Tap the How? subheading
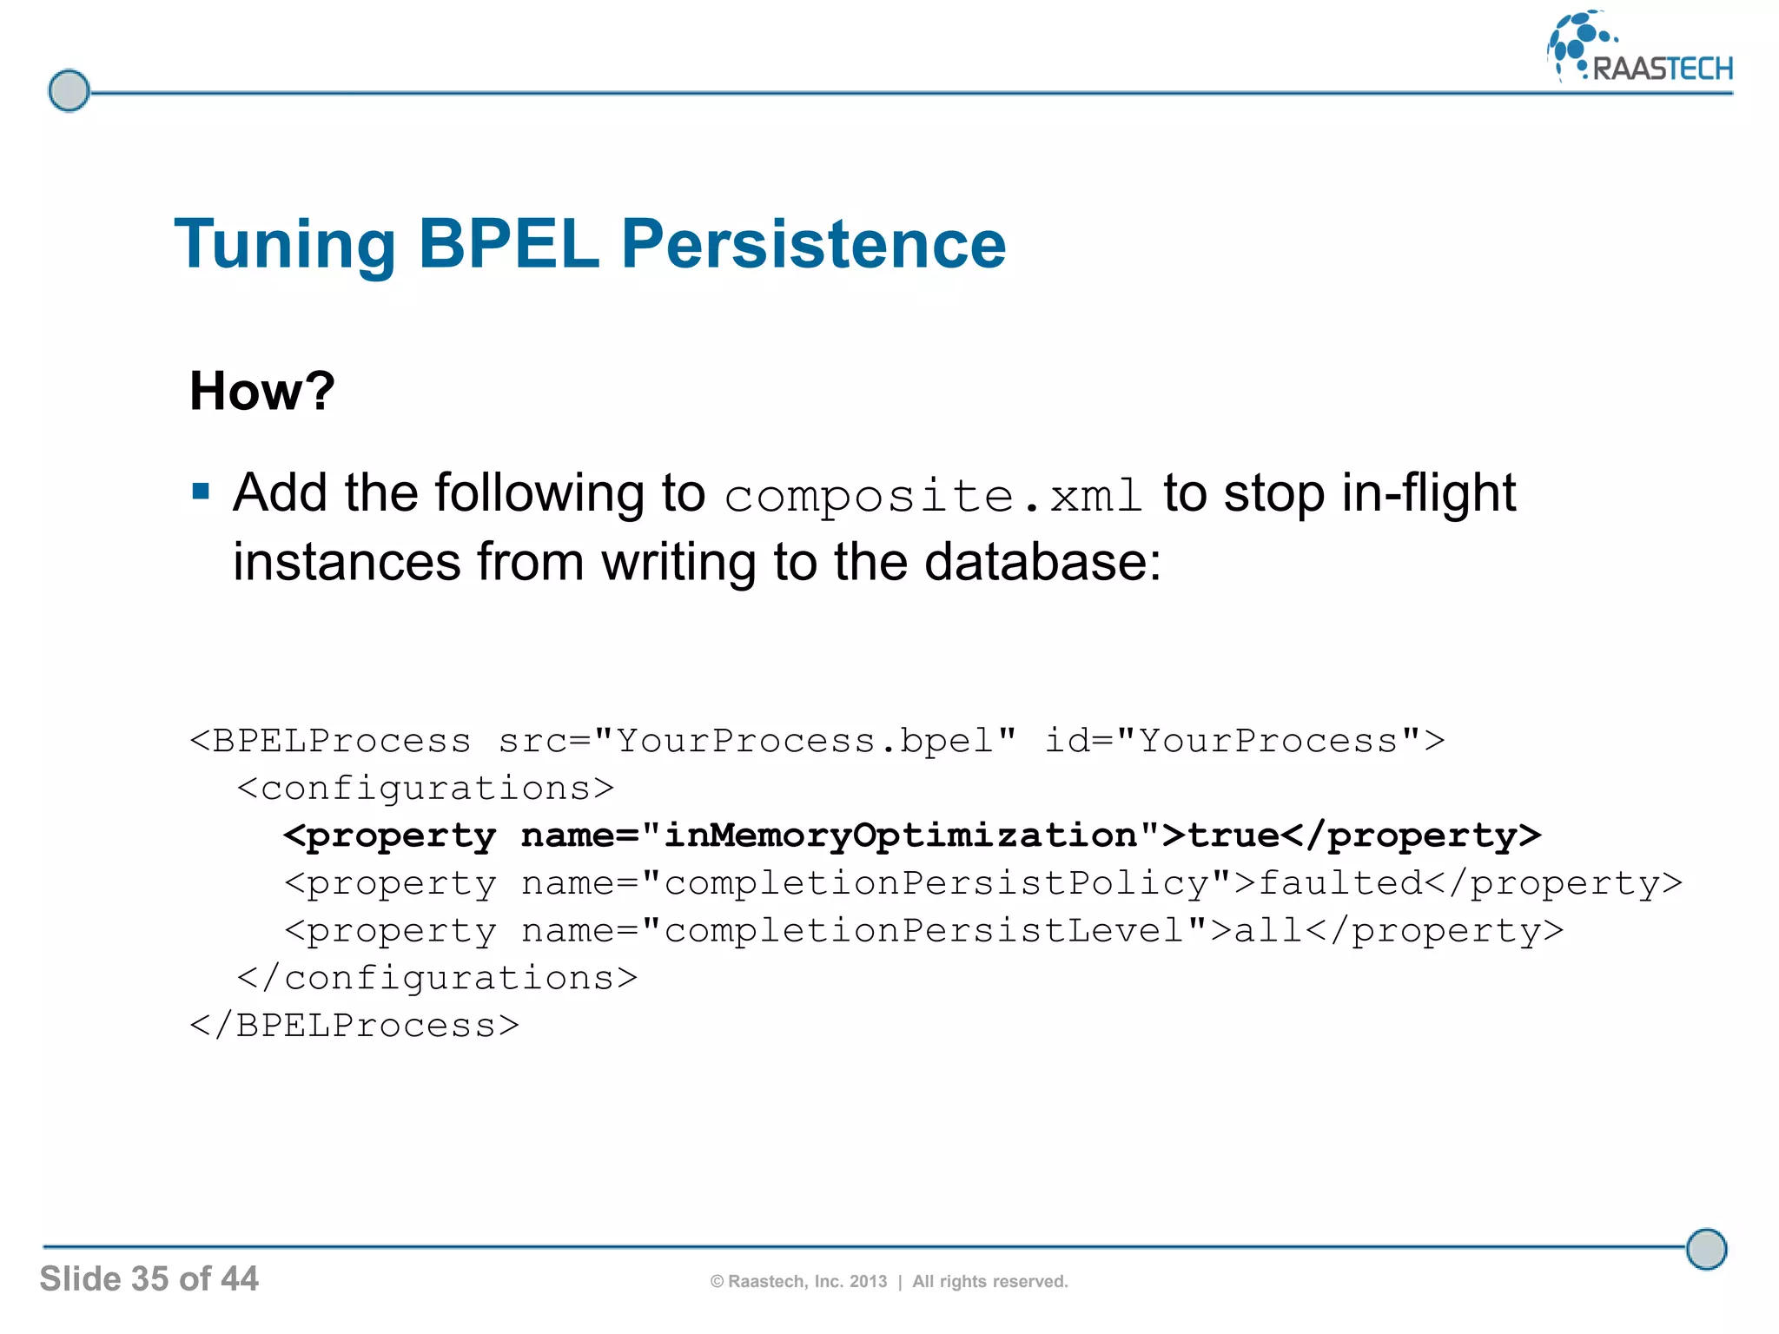point(261,391)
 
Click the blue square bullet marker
point(202,492)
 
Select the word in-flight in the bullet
point(1428,492)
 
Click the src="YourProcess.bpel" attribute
point(757,741)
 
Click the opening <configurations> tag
point(426,789)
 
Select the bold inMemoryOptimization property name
point(900,835)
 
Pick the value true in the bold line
point(1233,835)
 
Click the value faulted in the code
point(1340,883)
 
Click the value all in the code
point(1268,931)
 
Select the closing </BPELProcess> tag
point(354,1026)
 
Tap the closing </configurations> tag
point(438,979)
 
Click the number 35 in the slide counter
point(149,1278)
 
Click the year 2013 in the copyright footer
point(868,1282)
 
